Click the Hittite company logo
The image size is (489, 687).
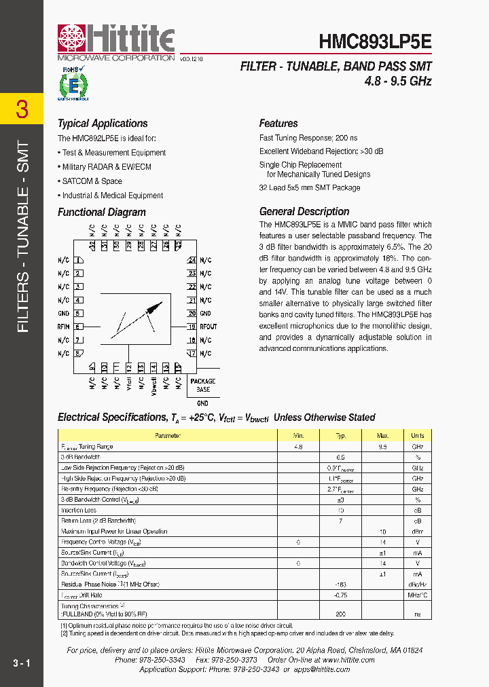(116, 40)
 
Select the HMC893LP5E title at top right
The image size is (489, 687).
(375, 41)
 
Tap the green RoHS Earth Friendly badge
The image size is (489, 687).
(71, 84)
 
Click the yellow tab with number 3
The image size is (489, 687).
(22, 109)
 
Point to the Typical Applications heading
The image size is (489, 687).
(103, 124)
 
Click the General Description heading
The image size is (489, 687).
(304, 211)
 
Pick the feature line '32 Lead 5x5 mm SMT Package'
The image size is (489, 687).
(310, 188)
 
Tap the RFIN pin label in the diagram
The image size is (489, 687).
(63, 327)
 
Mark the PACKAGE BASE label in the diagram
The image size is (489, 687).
(203, 386)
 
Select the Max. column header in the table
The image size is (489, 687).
(383, 436)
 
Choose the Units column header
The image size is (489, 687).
(417, 436)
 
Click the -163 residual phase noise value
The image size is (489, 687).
(341, 584)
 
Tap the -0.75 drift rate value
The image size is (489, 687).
(341, 595)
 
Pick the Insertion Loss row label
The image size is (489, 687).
(79, 510)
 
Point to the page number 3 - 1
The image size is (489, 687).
(21, 663)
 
